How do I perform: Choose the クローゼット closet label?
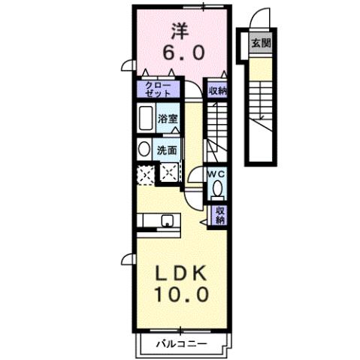tap(157, 89)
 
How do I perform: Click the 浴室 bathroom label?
tap(166, 118)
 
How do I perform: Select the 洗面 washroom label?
tap(167, 150)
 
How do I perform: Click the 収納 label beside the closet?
tap(218, 89)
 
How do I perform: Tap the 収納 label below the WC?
tap(221, 216)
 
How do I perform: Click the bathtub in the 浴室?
tap(146, 119)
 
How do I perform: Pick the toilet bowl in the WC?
tap(216, 188)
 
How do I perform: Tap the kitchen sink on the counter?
tap(166, 221)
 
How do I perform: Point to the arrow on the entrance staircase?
tap(261, 115)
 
